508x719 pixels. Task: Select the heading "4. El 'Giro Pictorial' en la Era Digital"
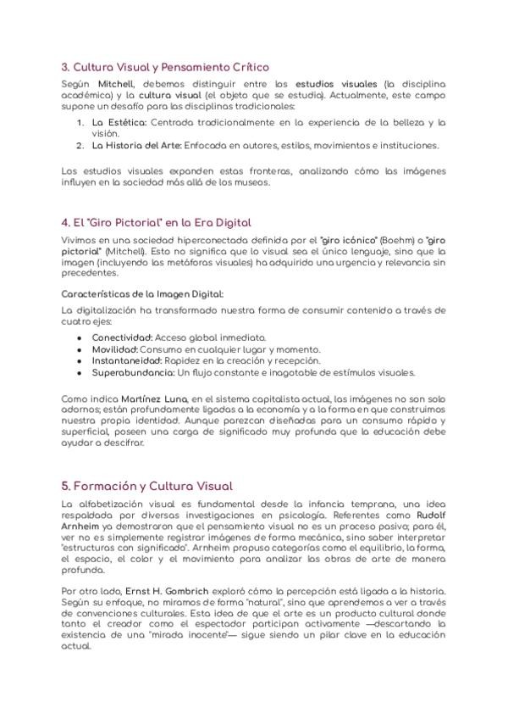157,222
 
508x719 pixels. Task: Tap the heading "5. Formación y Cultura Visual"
147,486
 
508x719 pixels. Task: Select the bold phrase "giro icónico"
350,242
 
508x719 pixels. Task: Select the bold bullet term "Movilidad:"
113,348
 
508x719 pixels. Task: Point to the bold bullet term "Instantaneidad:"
128,360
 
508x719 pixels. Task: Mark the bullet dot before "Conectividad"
79,337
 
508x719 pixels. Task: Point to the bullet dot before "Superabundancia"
79,372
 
